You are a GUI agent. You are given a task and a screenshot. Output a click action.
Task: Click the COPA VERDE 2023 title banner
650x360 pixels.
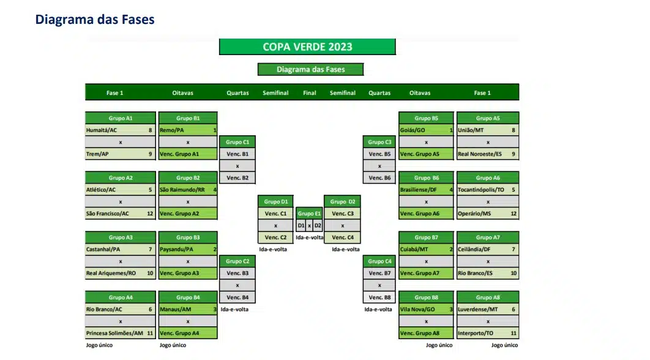click(307, 47)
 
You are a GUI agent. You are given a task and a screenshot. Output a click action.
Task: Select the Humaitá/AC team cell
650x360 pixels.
click(120, 130)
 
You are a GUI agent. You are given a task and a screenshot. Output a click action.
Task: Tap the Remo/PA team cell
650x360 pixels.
click(187, 130)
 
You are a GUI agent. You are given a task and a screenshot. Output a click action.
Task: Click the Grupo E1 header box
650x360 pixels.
click(309, 214)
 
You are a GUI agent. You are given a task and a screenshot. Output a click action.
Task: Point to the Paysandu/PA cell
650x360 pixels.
click(187, 249)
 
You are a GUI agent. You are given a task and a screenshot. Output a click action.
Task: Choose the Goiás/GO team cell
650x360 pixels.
click(426, 130)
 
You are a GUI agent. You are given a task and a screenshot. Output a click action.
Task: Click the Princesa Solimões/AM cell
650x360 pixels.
click(120, 333)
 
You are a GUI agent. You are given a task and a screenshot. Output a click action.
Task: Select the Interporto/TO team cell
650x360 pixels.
click(488, 333)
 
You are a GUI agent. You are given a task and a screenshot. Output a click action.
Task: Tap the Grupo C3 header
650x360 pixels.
click(379, 142)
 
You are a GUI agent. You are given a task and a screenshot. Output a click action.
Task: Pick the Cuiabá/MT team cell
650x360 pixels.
click(426, 249)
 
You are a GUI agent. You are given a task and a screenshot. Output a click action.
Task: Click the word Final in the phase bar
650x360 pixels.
click(310, 93)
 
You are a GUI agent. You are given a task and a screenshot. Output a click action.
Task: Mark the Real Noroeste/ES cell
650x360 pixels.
click(488, 154)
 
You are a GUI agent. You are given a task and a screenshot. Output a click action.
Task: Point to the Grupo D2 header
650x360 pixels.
click(342, 201)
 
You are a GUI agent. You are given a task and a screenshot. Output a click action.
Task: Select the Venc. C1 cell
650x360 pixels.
click(275, 214)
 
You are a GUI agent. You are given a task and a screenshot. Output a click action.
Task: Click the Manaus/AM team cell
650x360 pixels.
click(187, 309)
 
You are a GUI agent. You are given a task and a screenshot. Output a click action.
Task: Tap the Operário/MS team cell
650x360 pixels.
click(488, 214)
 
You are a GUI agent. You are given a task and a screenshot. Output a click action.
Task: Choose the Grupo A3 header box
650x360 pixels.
click(120, 238)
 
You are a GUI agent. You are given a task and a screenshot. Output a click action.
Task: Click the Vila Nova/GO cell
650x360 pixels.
click(426, 309)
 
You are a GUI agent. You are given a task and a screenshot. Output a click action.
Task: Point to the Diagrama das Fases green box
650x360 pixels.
click(310, 70)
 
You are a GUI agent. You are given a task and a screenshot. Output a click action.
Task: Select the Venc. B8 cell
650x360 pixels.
click(379, 298)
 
